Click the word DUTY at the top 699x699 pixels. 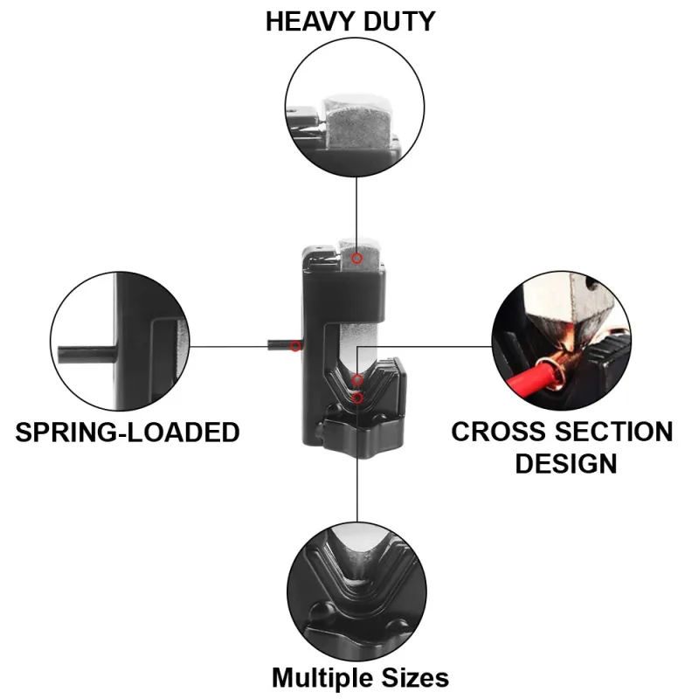[x=398, y=21]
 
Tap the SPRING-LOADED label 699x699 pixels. [x=128, y=432]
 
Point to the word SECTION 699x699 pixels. [x=611, y=432]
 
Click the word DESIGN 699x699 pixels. [x=565, y=463]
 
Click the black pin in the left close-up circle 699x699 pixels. [x=84, y=354]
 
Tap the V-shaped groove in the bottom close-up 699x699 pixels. [x=356, y=568]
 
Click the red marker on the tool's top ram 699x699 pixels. [x=356, y=259]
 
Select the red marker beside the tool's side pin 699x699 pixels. [x=295, y=347]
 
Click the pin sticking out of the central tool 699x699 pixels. [x=280, y=346]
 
